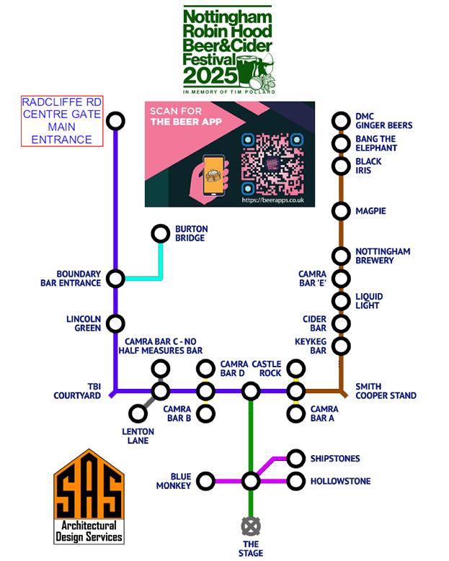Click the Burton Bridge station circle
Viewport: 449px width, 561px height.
coord(159,234)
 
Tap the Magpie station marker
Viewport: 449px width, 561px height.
coord(341,211)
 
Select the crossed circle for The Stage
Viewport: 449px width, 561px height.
coord(250,524)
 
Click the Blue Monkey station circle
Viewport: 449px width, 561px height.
coord(205,480)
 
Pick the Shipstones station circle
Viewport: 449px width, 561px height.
coord(295,458)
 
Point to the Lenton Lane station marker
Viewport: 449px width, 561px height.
coord(138,413)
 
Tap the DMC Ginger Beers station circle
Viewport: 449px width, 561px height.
coord(341,120)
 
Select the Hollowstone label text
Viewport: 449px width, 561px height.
coord(340,481)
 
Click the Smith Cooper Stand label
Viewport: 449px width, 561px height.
coord(386,391)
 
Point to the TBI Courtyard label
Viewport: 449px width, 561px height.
coord(77,391)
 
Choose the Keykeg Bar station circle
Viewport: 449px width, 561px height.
coord(341,346)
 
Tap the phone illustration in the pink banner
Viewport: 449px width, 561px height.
coord(214,175)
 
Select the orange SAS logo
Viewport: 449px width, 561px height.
coord(89,490)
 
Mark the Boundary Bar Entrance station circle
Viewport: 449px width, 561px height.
coord(115,278)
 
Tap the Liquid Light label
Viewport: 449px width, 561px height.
coord(369,301)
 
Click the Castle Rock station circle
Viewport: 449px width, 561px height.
coord(250,391)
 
